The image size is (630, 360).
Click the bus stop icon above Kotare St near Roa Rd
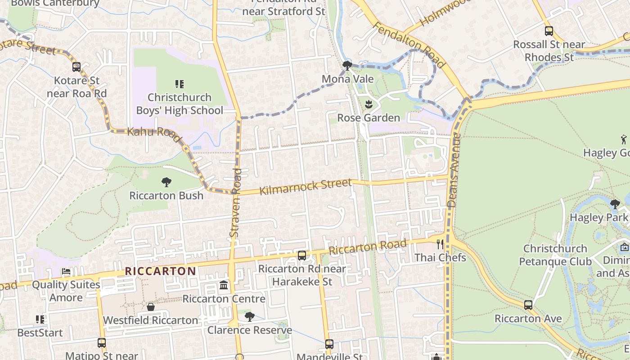[x=76, y=67]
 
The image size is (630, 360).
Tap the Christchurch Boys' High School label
[x=180, y=104]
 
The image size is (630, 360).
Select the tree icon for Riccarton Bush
[x=166, y=182]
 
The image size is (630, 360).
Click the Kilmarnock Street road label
[x=306, y=186]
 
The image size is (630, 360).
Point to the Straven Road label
[x=235, y=202]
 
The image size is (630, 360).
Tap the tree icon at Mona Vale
[x=347, y=66]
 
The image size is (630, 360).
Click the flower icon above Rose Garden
[x=369, y=104]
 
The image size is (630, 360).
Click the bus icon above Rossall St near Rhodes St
[x=549, y=31]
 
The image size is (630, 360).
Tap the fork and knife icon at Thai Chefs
[x=440, y=244]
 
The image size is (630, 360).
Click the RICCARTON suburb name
[x=160, y=271]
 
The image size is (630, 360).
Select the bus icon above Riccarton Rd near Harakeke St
[x=302, y=256]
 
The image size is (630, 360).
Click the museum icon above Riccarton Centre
[x=223, y=285]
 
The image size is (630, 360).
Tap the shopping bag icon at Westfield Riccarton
[x=151, y=307]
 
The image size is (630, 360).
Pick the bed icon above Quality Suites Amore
[x=66, y=271]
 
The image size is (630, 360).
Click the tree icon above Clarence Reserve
[x=249, y=317]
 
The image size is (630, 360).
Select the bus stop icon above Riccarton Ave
[x=528, y=305]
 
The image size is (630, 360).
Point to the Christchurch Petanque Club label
[x=555, y=255]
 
